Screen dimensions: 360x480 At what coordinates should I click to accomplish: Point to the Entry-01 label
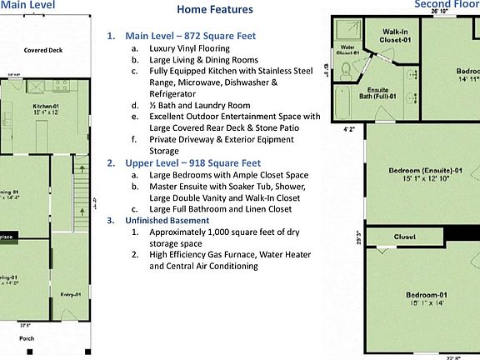[71, 294]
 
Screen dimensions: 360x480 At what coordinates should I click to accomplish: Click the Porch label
[27, 338]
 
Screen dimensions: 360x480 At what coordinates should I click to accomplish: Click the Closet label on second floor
[404, 237]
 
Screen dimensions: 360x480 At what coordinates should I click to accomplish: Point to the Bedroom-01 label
[427, 295]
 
